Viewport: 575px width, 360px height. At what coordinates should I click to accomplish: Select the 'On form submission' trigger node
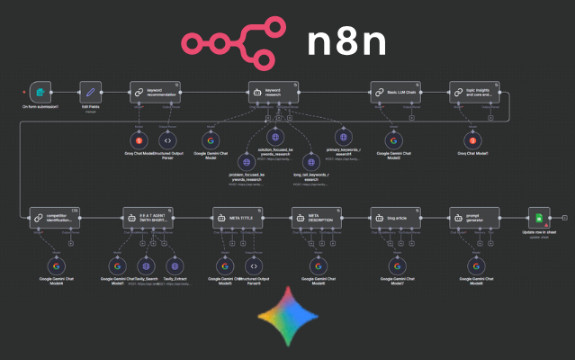(39, 92)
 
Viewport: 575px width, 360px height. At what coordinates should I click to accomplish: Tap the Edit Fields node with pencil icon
(89, 92)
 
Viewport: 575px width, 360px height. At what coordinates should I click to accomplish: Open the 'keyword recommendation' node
(153, 92)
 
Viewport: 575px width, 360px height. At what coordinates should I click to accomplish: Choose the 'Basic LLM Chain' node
(393, 92)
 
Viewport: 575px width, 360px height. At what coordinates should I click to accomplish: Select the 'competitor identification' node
(50, 218)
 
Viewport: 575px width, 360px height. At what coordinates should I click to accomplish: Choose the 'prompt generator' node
(474, 218)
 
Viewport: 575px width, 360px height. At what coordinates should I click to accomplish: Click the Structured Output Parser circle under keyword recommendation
(166, 140)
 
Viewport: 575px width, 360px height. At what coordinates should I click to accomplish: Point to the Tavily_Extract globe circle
(176, 265)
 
